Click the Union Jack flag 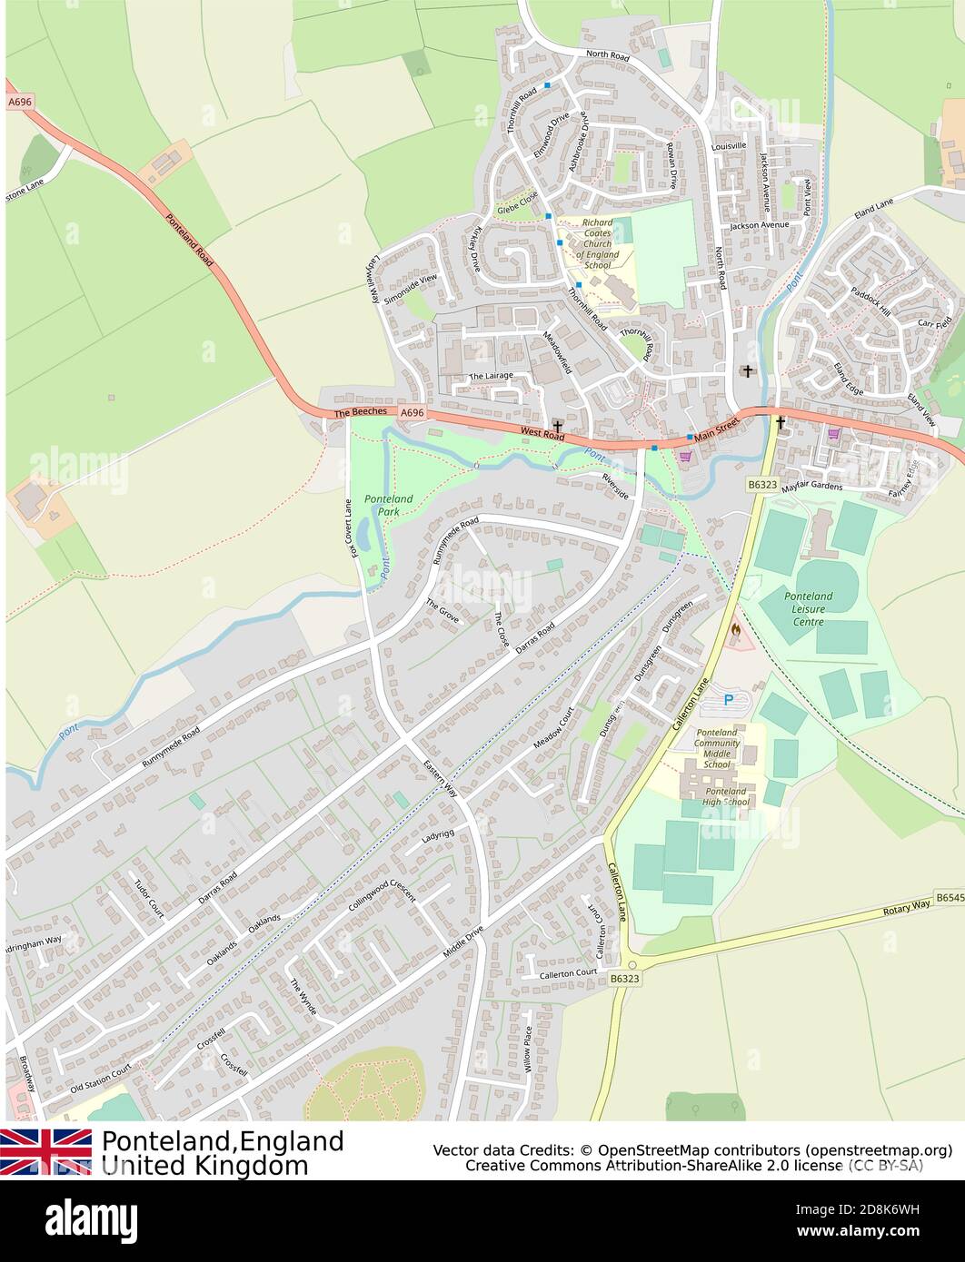pos(45,1151)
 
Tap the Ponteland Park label pos(388,506)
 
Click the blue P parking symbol pos(728,701)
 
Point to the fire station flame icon pos(735,628)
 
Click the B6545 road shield pos(949,897)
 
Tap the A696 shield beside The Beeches pos(413,412)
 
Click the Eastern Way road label pos(440,778)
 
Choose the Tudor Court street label pos(148,899)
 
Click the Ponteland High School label pos(724,796)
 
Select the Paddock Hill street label pos(871,301)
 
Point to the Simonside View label pos(410,289)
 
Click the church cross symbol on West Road pos(556,425)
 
